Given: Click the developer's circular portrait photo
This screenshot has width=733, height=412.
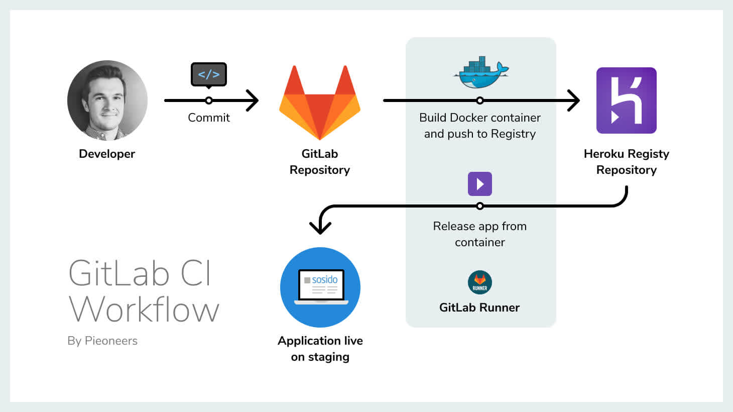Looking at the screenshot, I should coord(107,100).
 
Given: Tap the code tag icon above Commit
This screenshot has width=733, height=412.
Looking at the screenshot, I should coord(209,74).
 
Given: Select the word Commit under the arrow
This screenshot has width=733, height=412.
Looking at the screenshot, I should coord(209,118).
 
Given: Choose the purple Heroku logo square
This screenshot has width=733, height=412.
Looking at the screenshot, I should coord(626,100).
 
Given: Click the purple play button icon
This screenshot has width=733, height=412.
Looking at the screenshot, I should coord(480,184).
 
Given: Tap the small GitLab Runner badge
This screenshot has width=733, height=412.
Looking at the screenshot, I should coord(480,282).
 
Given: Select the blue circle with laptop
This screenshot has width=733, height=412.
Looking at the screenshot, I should coord(320,287).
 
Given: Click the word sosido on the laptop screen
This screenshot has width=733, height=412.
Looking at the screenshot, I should coord(324,279).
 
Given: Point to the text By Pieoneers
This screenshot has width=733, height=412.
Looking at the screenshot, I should coord(102,341).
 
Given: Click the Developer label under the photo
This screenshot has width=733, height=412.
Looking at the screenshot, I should coord(107,154).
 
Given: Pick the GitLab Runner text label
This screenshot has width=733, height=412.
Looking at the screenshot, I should coord(479,307).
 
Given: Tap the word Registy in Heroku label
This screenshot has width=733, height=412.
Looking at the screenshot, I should coord(648,154).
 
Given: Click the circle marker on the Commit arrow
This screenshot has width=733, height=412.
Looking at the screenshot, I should coord(209,100).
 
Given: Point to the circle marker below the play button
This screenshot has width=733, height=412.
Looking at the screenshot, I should coord(480,206).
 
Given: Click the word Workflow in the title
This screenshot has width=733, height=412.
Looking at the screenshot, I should coord(144,310).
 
